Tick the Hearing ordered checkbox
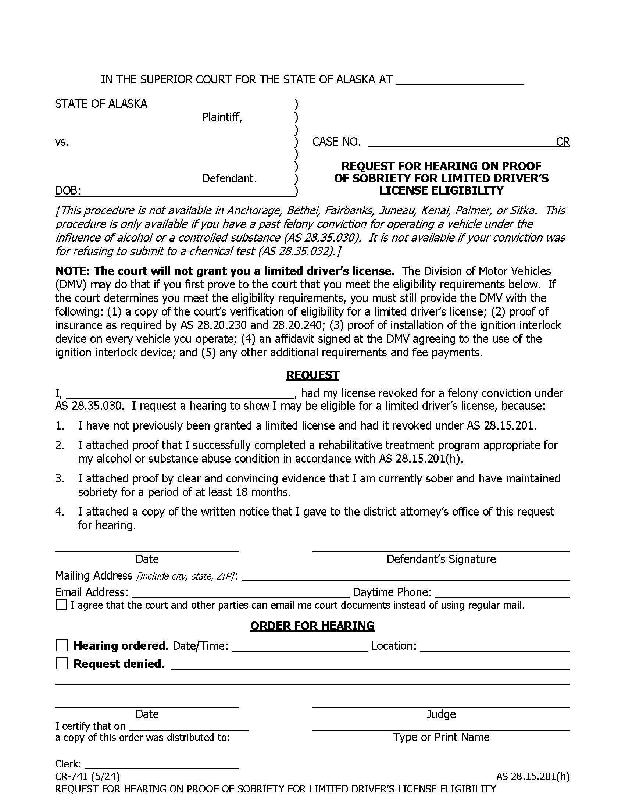pos(62,645)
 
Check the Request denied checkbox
pos(62,663)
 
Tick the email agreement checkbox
pos(61,605)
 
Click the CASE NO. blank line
pos(459,143)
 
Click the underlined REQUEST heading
pos(312,375)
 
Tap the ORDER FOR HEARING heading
pos(312,626)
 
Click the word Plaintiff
pos(222,117)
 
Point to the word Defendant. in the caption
pos(229,179)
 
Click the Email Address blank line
pos(240,594)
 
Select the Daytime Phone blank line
pos(503,594)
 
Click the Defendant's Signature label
pos(440,559)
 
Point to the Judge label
pos(440,714)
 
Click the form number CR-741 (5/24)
pos(87,776)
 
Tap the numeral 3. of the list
pos(60,478)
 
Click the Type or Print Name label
pos(440,737)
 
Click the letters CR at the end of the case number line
pos(562,142)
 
